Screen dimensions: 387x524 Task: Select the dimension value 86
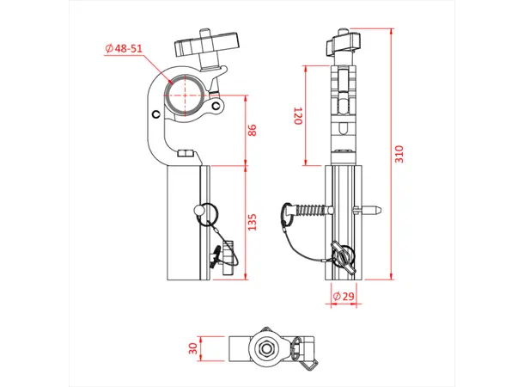click(x=251, y=130)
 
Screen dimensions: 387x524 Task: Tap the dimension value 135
click(x=251, y=224)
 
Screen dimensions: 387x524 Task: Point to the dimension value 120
click(x=298, y=116)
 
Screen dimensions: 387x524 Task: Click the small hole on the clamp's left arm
click(x=155, y=115)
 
